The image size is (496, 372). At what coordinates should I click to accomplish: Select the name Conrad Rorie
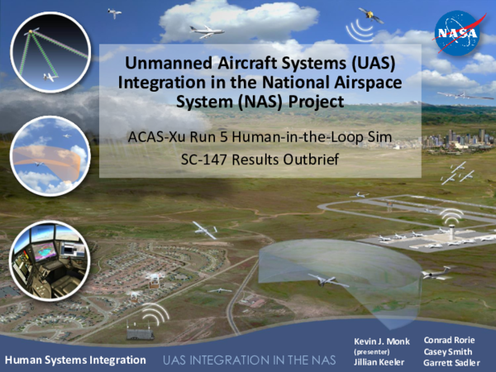[449, 339]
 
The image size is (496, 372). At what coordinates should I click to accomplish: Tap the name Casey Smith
[447, 351]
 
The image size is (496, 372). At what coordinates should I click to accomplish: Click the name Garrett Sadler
[452, 362]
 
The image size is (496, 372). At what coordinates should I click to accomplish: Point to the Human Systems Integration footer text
[75, 360]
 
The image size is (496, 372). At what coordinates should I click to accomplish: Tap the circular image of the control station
[48, 258]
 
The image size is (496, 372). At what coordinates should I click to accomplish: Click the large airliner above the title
[206, 31]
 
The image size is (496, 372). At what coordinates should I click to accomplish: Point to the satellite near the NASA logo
[370, 16]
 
